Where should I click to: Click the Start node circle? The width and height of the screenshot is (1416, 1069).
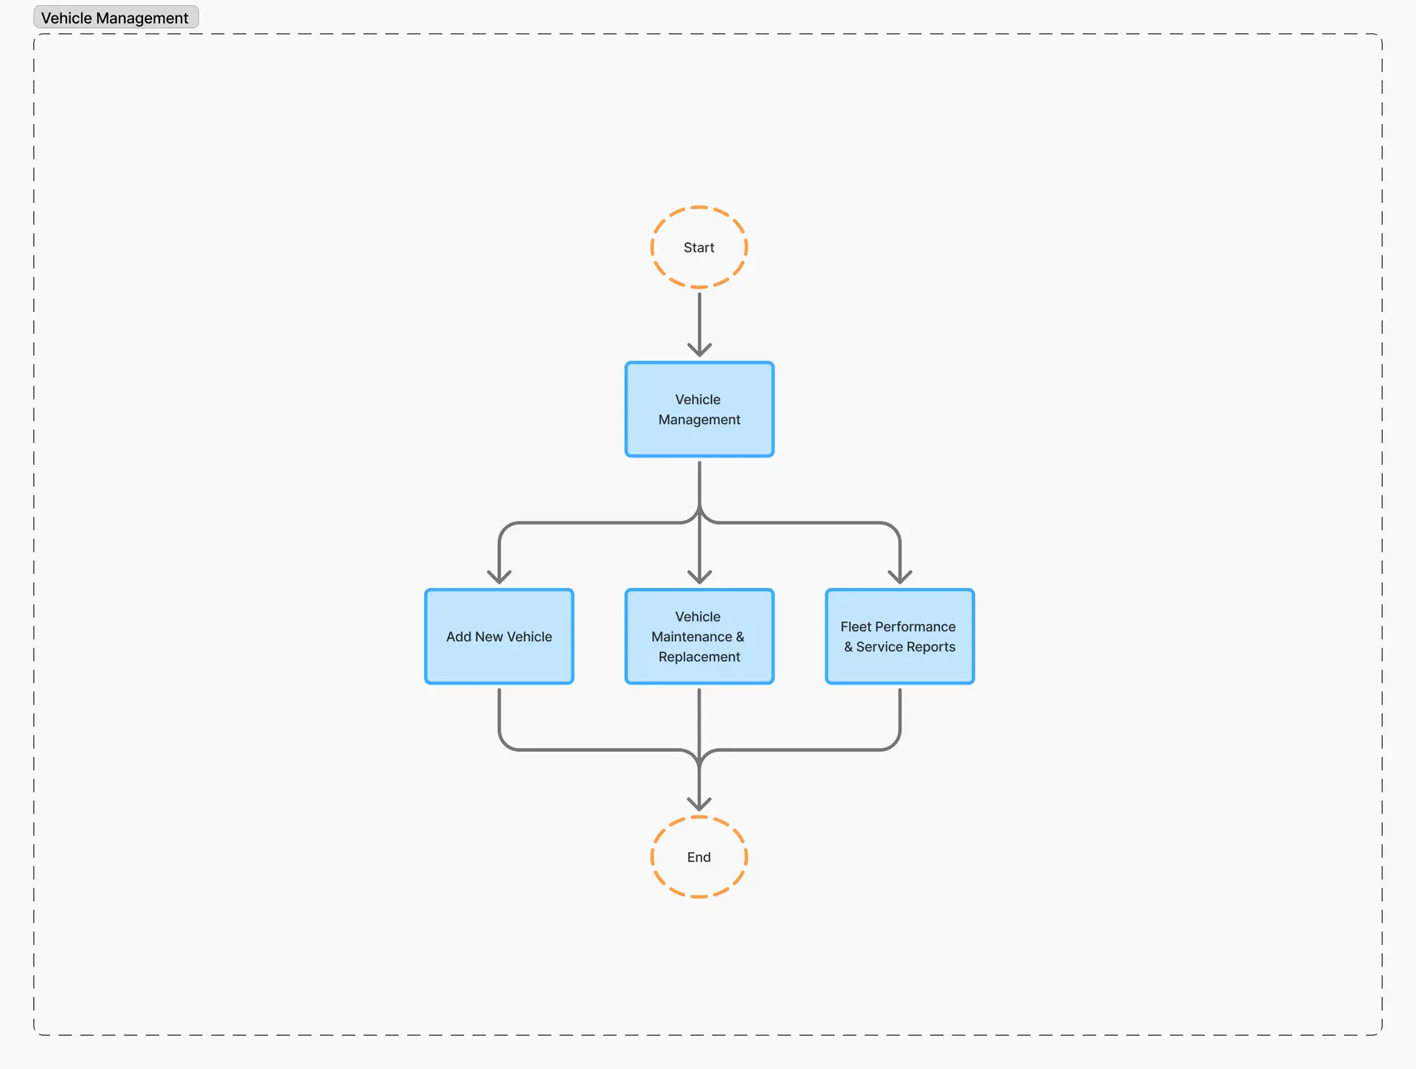(699, 208)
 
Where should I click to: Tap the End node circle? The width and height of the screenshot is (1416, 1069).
(699, 817)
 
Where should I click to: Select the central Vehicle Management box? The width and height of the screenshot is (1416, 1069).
(699, 409)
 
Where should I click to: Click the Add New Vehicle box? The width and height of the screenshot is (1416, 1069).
(499, 636)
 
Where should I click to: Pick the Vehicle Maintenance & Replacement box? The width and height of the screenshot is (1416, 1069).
(699, 636)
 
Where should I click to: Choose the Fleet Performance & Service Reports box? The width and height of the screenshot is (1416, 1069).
(900, 636)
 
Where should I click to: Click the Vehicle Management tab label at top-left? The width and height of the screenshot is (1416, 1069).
(116, 18)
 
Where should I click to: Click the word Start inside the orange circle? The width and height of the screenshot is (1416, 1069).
(699, 248)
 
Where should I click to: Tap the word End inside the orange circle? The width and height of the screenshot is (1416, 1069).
(699, 857)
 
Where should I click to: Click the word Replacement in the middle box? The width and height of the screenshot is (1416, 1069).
(699, 657)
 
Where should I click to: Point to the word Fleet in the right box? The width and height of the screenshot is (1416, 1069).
(855, 626)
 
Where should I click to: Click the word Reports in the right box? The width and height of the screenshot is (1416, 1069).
(931, 647)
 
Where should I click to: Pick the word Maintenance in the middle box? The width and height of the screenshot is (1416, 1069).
(692, 637)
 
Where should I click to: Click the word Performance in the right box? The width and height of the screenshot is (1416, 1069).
(915, 626)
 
